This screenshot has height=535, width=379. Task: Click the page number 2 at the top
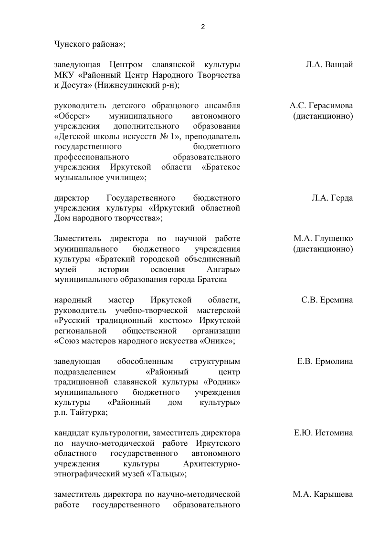click(x=203, y=27)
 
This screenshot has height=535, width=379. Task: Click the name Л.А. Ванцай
click(x=329, y=65)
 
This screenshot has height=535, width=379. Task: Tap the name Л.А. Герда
click(x=332, y=198)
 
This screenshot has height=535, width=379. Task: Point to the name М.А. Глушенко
click(x=323, y=239)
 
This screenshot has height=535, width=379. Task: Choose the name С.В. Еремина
click(x=327, y=300)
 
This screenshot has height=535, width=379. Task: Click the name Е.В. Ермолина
click(x=325, y=362)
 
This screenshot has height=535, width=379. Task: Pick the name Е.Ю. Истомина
click(x=323, y=433)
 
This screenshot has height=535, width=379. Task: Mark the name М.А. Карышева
click(x=323, y=495)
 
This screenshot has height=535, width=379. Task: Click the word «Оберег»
click(x=70, y=116)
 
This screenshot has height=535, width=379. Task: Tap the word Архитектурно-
click(x=211, y=464)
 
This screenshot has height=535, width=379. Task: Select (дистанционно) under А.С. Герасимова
click(x=323, y=116)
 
